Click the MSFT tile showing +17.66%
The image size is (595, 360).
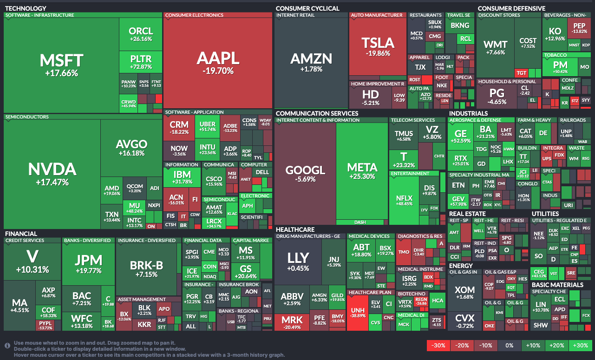tap(61, 65)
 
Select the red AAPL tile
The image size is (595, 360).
tap(218, 63)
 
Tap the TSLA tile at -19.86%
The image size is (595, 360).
tap(378, 46)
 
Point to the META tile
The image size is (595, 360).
tap(362, 170)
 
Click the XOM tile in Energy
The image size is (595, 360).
tap(464, 293)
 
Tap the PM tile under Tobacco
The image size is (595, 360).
tap(560, 67)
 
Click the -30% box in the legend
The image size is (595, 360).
tap(438, 346)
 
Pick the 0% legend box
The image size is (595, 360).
tap(509, 346)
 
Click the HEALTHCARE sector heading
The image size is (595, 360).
tap(295, 229)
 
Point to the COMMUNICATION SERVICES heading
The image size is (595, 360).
tap(316, 113)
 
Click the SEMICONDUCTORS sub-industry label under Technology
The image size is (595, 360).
tap(26, 117)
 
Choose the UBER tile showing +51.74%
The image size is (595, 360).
tap(208, 127)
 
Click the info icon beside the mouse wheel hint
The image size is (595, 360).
tap(7, 346)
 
